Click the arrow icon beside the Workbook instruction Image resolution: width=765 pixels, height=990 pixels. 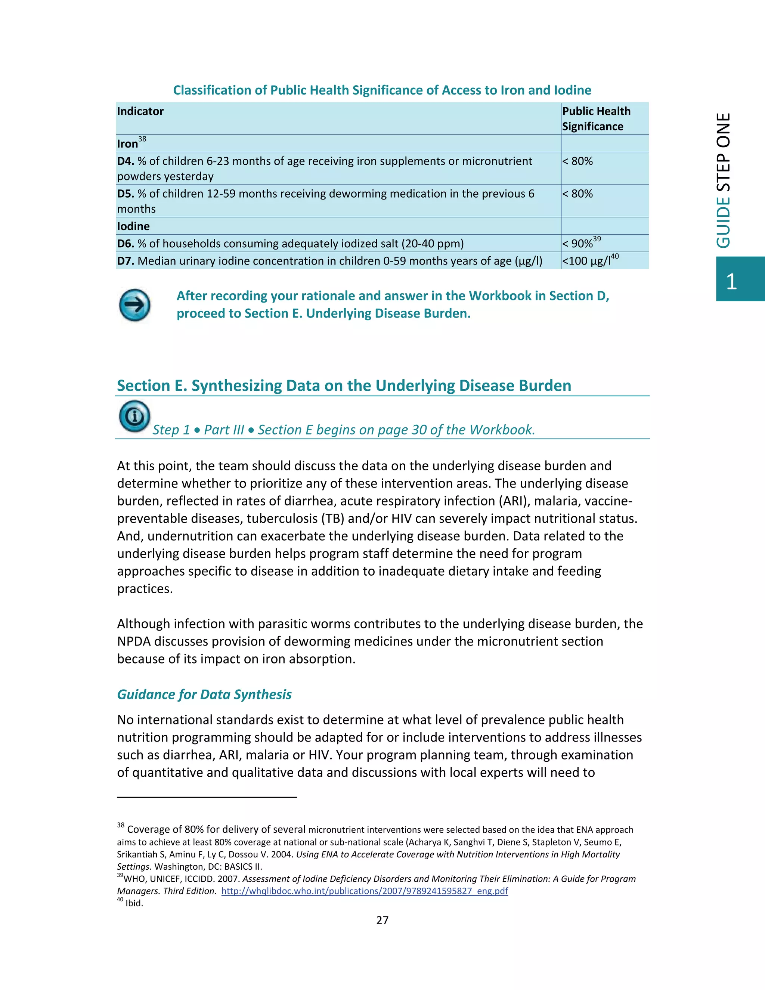click(134, 305)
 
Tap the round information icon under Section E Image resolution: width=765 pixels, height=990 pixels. click(134, 416)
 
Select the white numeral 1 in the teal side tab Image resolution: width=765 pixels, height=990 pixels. click(731, 282)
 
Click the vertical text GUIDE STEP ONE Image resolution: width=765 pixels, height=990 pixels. click(724, 180)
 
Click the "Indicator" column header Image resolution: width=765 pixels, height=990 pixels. click(140, 111)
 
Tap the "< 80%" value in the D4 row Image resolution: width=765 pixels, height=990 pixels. click(577, 161)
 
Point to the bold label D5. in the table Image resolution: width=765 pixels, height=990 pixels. click(126, 194)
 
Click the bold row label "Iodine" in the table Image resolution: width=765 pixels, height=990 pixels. click(133, 226)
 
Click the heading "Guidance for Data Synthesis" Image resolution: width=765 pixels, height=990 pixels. click(204, 694)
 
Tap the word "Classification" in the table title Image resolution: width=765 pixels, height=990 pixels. click(213, 90)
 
